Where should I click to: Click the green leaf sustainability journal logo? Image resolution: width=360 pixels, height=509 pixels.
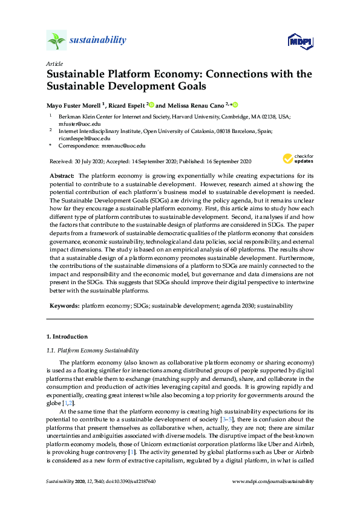[x=56, y=41]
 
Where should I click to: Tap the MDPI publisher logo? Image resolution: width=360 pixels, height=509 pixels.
[x=301, y=41]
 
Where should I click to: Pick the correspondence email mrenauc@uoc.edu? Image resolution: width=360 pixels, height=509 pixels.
[x=123, y=146]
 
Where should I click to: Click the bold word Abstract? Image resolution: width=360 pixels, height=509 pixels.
[x=61, y=175]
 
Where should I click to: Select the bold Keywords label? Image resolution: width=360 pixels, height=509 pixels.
[x=64, y=306]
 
